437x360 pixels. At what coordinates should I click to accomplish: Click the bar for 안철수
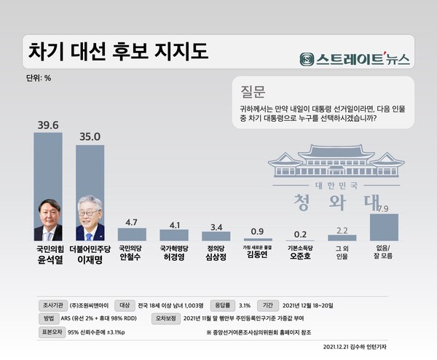(132, 234)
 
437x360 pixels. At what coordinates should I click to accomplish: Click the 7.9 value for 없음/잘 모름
(383, 208)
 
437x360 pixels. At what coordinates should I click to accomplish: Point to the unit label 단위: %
(38, 77)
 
